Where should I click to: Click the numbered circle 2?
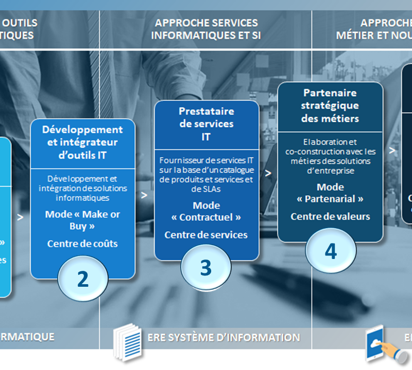83,279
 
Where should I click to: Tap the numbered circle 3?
205,267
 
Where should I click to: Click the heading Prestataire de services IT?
206,124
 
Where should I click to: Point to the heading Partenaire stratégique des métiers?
331,105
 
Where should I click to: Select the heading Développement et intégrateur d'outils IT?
82,142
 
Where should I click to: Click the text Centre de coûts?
82,244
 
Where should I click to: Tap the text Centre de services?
206,235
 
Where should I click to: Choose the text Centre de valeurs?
330,216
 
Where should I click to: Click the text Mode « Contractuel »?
206,212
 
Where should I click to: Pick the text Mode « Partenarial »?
330,193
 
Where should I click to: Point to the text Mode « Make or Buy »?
82,220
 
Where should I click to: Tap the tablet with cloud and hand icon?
384,344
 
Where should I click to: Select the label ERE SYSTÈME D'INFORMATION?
224,338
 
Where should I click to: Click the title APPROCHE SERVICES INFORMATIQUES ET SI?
206,29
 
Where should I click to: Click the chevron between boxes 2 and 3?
144,195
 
